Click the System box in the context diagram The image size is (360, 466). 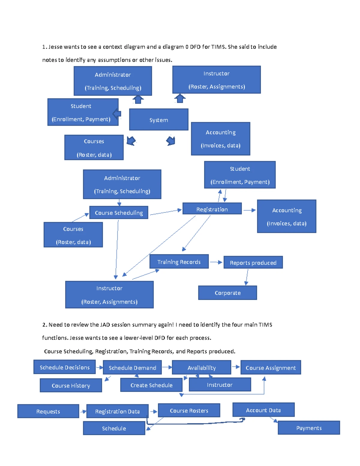[x=159, y=120]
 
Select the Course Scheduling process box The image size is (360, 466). [x=119, y=212]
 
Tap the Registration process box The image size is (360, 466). [x=212, y=209]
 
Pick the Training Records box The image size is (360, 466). [x=179, y=262]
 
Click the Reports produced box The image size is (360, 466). [x=253, y=263]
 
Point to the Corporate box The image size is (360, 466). [x=227, y=293]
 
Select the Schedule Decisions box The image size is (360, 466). [x=64, y=367]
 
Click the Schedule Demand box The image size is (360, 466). [x=132, y=368]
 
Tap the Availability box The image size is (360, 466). [x=202, y=368]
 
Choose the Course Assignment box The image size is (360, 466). [x=271, y=368]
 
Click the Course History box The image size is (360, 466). [x=71, y=386]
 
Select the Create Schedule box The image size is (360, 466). [x=151, y=385]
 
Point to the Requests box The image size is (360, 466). [x=48, y=411]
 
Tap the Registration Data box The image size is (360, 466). [x=117, y=411]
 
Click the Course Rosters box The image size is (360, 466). [x=189, y=410]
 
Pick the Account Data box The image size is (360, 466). [x=263, y=410]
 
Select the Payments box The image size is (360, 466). [x=309, y=428]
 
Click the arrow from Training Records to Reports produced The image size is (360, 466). [x=216, y=262]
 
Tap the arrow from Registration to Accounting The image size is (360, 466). [x=249, y=210]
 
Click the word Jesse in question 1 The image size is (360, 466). [x=55, y=47]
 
